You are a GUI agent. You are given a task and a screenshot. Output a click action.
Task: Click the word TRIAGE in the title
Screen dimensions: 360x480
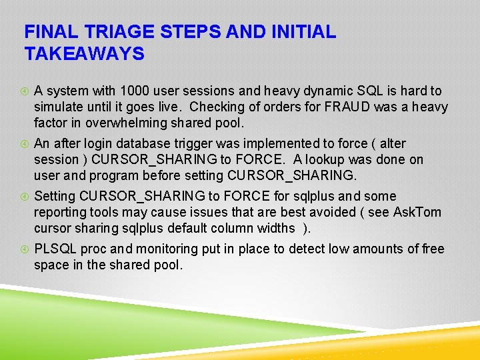point(114,32)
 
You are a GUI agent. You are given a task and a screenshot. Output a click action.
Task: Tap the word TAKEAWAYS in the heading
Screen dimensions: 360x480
point(84,54)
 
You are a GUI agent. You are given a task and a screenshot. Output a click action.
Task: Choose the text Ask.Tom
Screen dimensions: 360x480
point(417,212)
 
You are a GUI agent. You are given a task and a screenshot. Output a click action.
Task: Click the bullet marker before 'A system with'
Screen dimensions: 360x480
point(24,91)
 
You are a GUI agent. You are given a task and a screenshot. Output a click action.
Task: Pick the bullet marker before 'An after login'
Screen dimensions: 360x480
point(24,144)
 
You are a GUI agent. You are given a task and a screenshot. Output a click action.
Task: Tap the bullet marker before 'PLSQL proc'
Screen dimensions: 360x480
point(24,249)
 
